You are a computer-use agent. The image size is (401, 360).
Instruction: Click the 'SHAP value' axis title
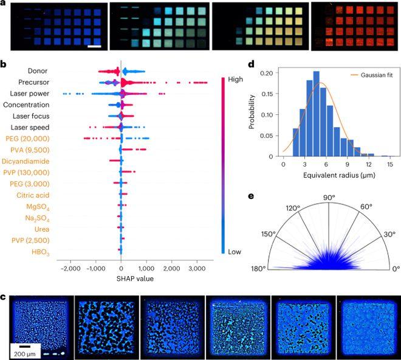(x=122, y=279)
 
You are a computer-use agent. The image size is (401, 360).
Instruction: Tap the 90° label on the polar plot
(x=329, y=197)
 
